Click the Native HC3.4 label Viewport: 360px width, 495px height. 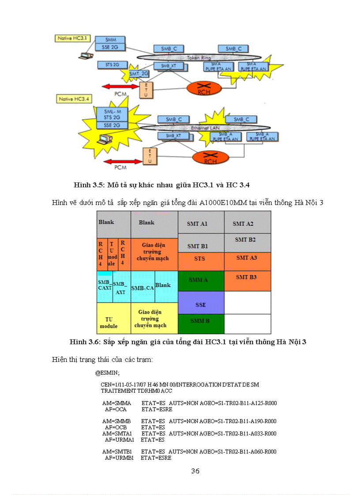pos(74,99)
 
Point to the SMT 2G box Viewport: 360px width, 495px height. pos(139,73)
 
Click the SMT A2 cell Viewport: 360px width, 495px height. pos(243,224)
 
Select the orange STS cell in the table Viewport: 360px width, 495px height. pos(199,259)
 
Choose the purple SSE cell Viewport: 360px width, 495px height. pos(201,305)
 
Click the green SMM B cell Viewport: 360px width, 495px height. pos(199,321)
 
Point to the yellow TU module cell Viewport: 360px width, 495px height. pos(109,323)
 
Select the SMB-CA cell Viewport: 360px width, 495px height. pos(142,288)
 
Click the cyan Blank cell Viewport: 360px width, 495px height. pos(163,285)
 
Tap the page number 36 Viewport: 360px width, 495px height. pos(195,471)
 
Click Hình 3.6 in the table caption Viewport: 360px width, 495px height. pos(86,342)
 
